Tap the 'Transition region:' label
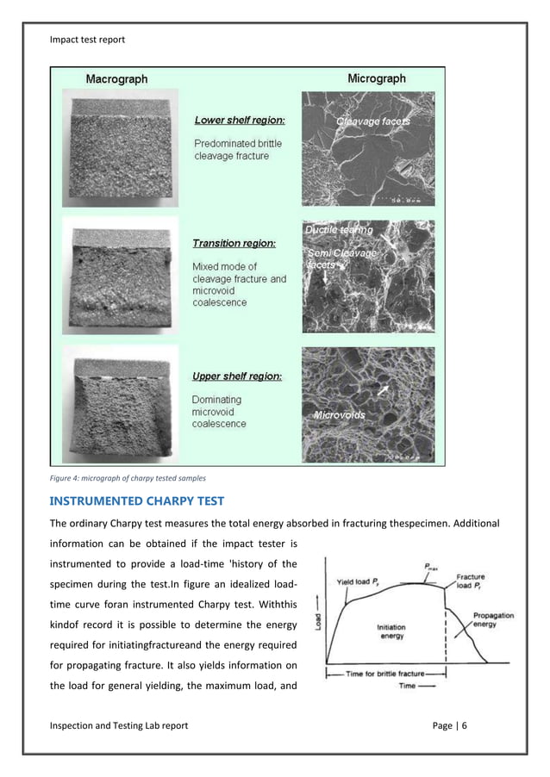coord(234,244)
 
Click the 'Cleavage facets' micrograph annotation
coord(372,121)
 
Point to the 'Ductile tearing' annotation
coord(340,230)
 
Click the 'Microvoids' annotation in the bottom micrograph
coord(339,415)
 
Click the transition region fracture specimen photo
coord(126,279)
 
